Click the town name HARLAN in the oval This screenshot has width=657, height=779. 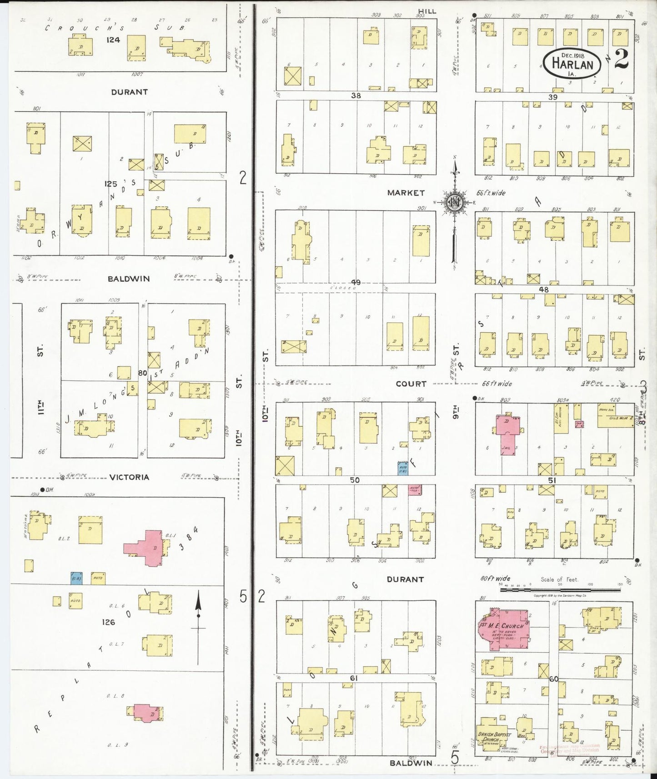[x=572, y=64]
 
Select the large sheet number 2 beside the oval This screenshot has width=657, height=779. [x=622, y=59]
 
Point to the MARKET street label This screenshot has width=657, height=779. [x=406, y=193]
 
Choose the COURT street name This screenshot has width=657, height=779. [x=411, y=384]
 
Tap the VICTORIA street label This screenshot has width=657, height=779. [x=129, y=477]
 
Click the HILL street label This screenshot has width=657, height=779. [x=427, y=11]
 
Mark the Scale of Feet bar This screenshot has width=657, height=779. [x=560, y=589]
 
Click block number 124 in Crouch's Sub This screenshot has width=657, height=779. [x=113, y=40]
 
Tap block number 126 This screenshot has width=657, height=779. [x=108, y=622]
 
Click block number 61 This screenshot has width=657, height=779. [x=354, y=678]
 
